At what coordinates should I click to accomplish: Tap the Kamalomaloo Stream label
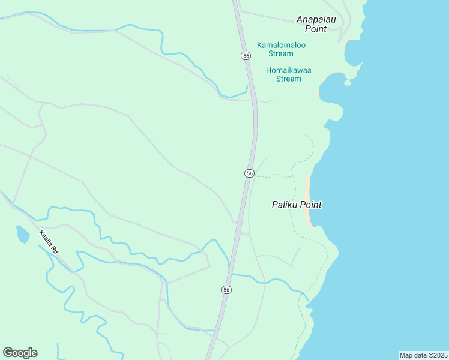click(281, 49)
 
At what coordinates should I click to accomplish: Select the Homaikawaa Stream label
click(288, 74)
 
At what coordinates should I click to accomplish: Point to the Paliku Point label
click(297, 205)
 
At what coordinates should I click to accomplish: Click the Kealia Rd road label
click(49, 242)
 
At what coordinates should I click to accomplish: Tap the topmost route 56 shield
click(246, 55)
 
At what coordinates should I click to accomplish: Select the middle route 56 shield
click(250, 173)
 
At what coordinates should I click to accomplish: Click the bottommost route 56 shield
click(226, 289)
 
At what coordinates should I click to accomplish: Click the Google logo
click(20, 352)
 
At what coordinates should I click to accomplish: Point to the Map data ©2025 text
click(423, 355)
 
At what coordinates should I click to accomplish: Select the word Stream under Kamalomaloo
click(281, 53)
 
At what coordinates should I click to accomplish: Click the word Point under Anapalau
click(315, 28)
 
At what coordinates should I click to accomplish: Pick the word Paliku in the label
click(285, 205)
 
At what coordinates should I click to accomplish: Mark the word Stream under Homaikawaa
click(288, 79)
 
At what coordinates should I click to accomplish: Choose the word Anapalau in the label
click(316, 19)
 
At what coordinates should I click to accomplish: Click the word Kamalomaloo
click(281, 45)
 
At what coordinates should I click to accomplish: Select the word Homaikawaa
click(289, 70)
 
